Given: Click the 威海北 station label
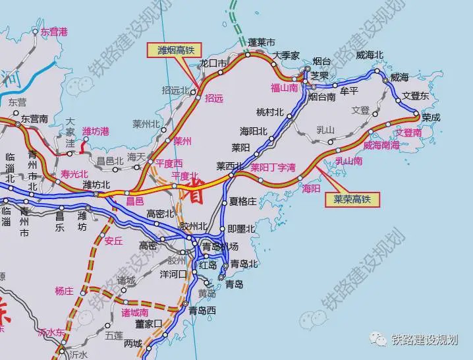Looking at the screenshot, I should [369, 55].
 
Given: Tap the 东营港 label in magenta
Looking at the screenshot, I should [54, 31].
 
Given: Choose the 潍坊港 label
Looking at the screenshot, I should [96, 133].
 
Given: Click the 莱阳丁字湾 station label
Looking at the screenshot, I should [273, 167].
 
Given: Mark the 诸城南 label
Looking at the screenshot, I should [135, 312].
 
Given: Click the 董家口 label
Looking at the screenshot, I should [149, 324].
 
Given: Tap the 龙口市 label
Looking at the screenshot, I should [213, 63].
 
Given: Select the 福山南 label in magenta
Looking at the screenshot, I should [284, 87].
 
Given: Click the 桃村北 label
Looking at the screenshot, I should [269, 111].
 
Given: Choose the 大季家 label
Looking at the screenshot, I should [287, 55].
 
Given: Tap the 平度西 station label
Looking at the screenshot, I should [169, 163].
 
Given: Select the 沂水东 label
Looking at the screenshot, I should [51, 332].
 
